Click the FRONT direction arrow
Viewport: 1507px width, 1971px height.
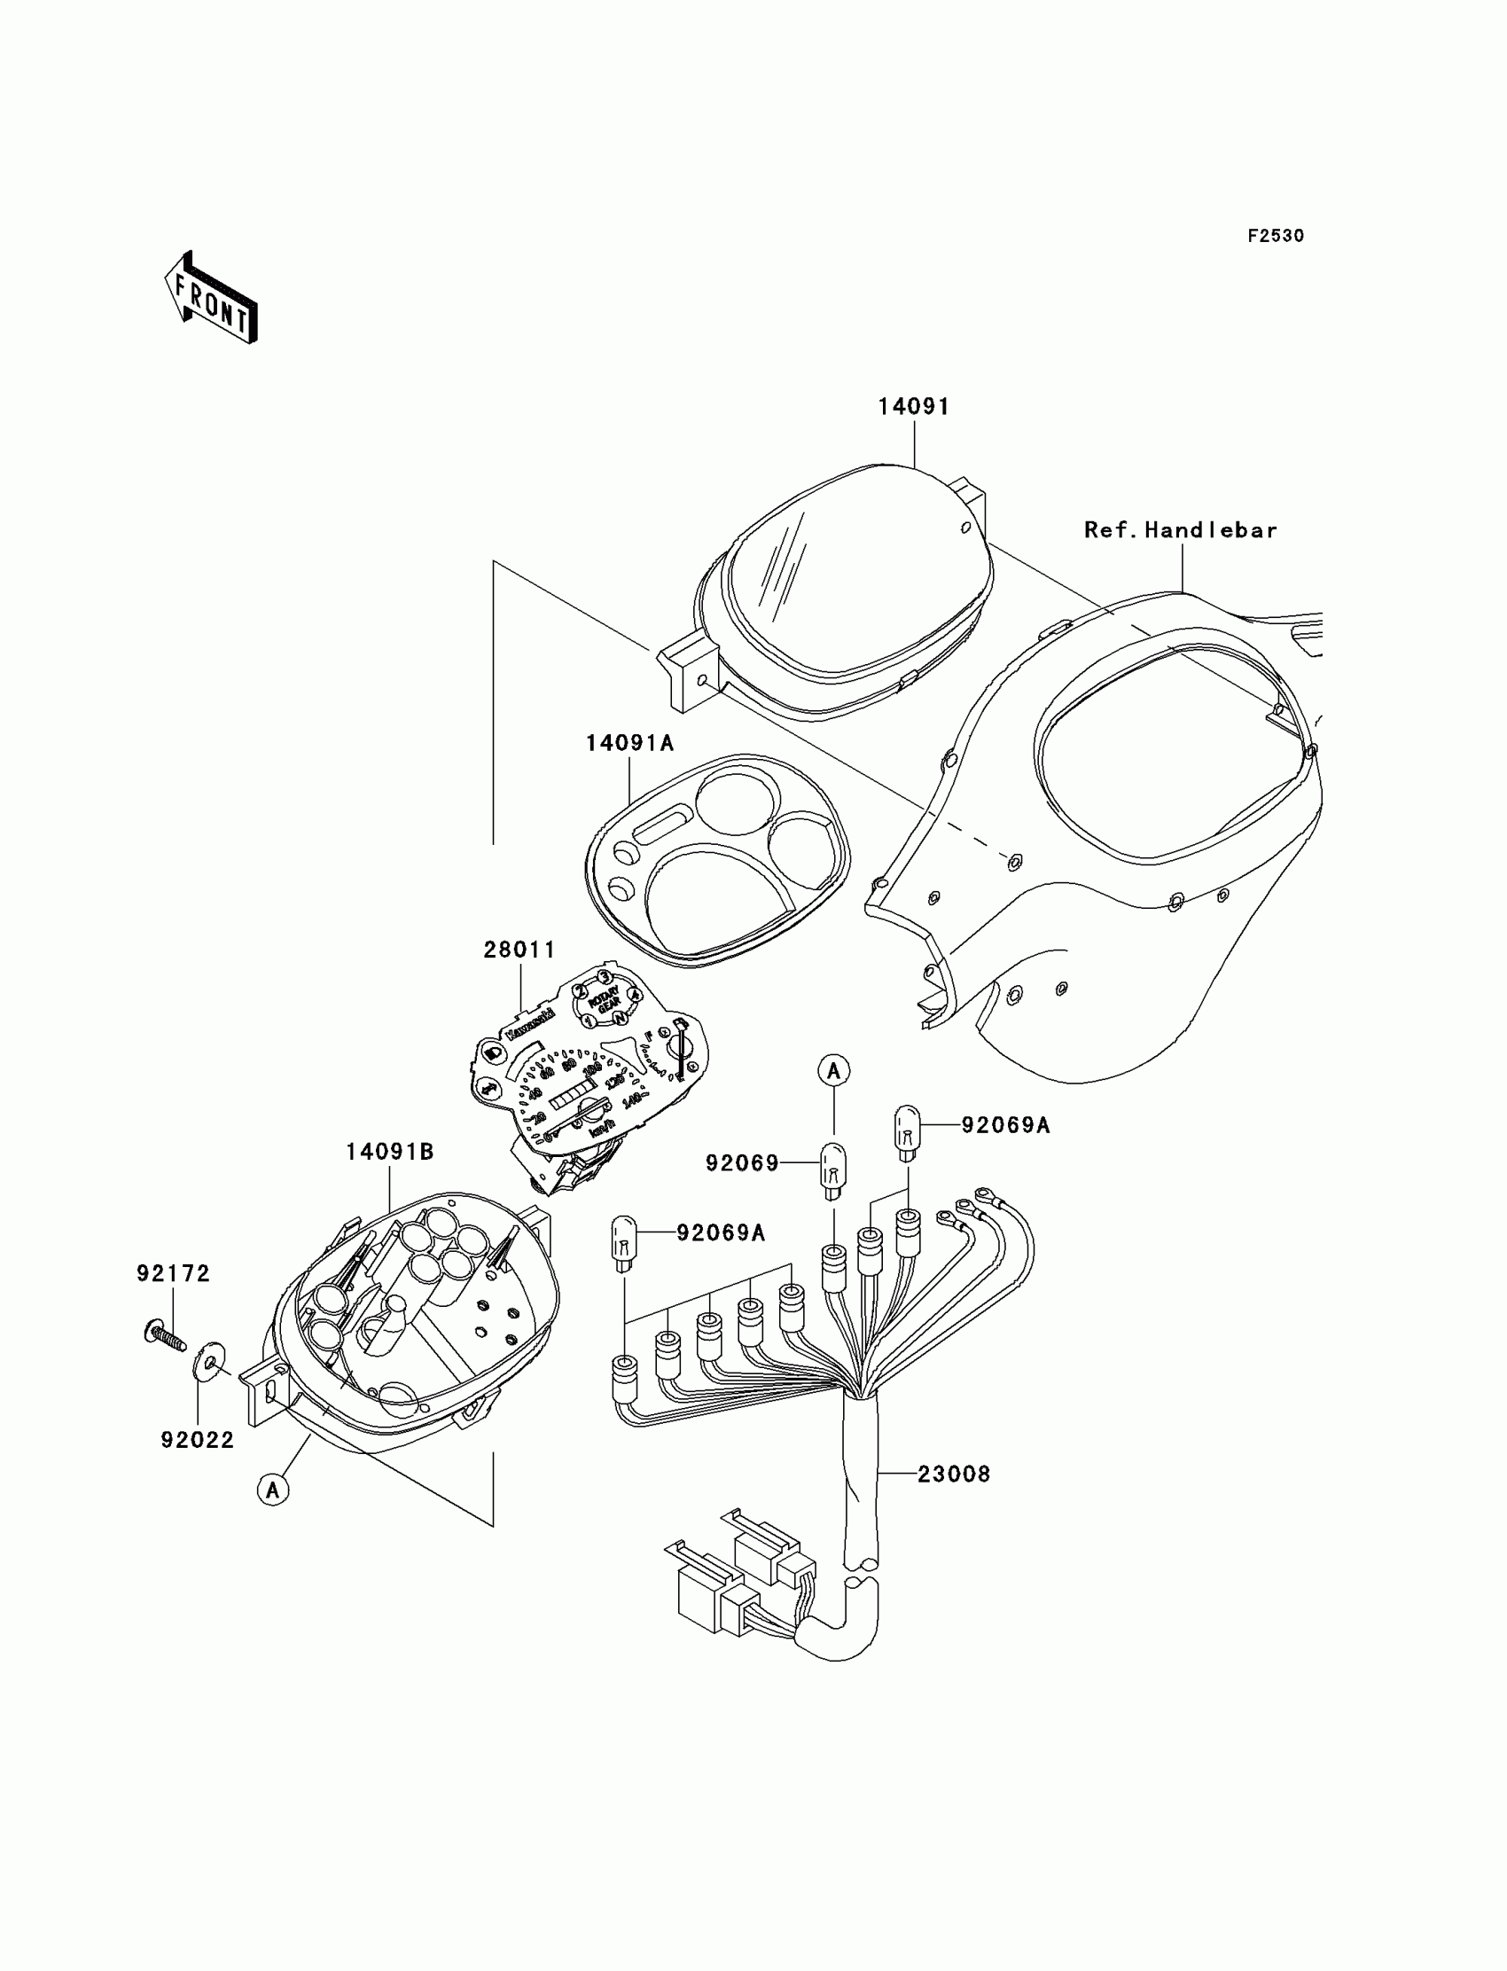[x=211, y=299]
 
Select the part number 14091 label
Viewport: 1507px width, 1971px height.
[x=913, y=406]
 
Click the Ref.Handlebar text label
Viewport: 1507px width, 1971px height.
[x=1181, y=530]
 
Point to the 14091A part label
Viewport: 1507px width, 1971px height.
[x=629, y=743]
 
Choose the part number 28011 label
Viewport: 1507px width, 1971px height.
[x=519, y=950]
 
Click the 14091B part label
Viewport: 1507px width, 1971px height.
[x=390, y=1152]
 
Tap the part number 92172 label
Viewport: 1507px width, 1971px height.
[x=173, y=1273]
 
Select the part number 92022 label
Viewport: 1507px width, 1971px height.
[x=198, y=1440]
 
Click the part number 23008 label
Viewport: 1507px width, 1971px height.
[x=954, y=1474]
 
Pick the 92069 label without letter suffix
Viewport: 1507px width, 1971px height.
[x=742, y=1163]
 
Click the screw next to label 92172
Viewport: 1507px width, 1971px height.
[x=163, y=1335]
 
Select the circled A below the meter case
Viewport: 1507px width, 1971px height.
[x=273, y=1490]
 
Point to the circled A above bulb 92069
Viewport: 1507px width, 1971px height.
[x=833, y=1070]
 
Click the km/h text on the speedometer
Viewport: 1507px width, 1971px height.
[x=602, y=1128]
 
